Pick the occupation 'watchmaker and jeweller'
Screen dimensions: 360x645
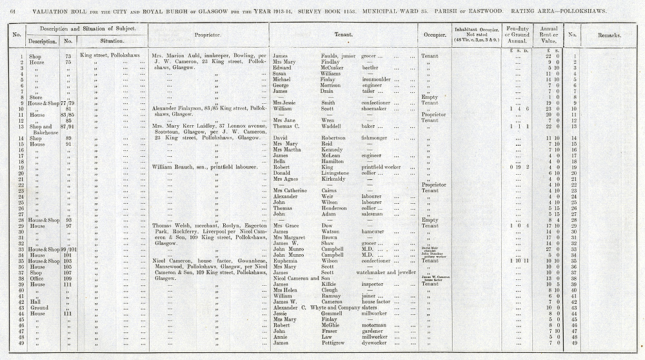(390, 272)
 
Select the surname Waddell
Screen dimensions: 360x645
(329, 126)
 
